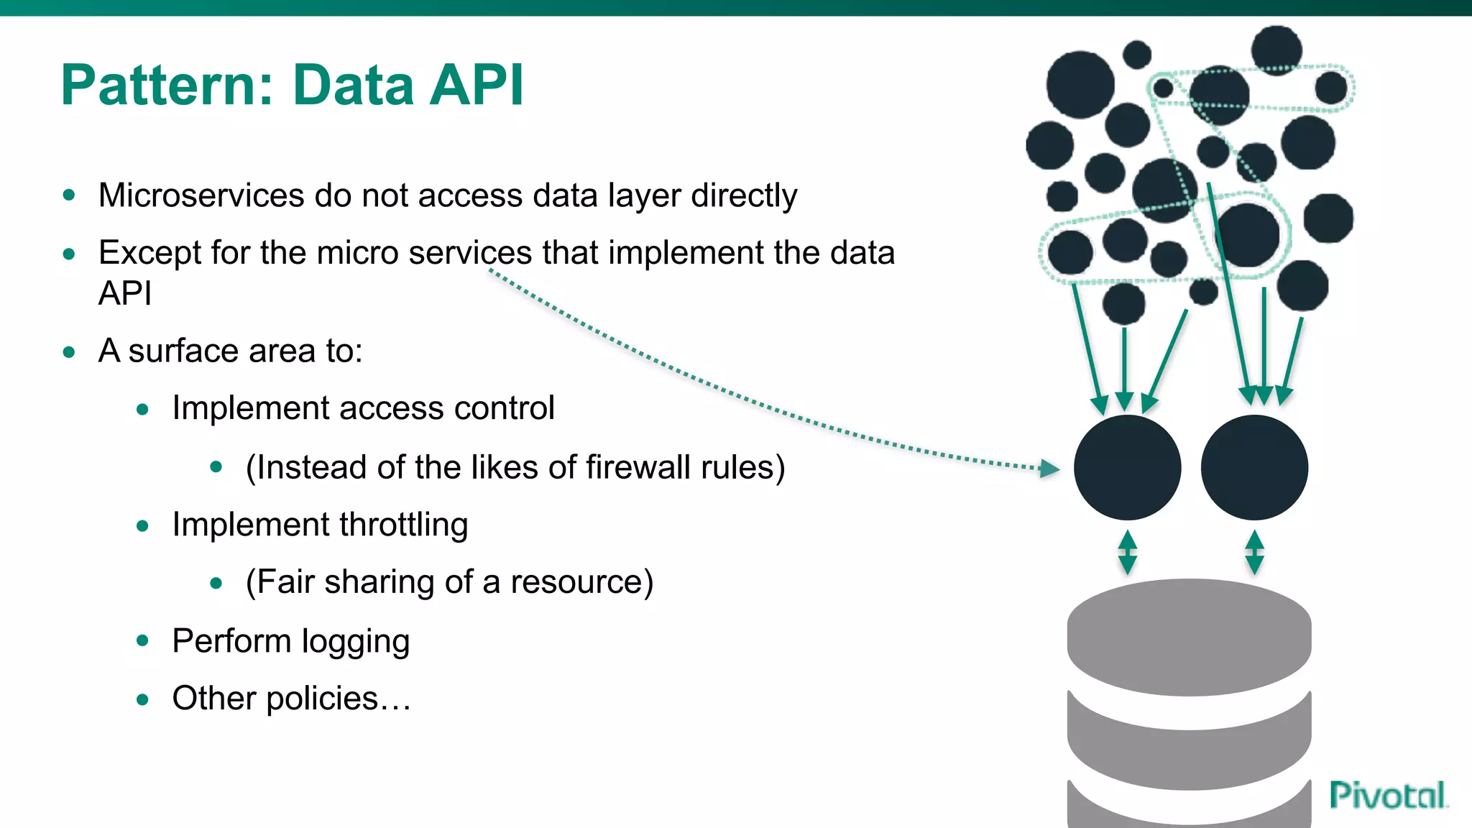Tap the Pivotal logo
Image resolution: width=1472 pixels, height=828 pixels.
[x=1387, y=795]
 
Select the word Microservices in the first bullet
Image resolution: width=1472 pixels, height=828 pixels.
[x=201, y=195]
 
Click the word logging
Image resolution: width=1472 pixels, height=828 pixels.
[x=355, y=642]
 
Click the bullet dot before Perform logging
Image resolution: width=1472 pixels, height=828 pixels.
[x=142, y=640]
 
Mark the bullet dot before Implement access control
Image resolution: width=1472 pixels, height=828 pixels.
[x=142, y=409]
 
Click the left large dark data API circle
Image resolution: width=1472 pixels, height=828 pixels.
[x=1127, y=468]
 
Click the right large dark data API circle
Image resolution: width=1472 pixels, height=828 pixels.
[x=1254, y=468]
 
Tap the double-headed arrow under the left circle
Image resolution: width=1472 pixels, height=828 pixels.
[x=1127, y=552]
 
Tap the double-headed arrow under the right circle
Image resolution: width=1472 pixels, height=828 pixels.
[x=1254, y=552]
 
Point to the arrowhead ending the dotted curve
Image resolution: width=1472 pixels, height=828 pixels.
[x=1050, y=469]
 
